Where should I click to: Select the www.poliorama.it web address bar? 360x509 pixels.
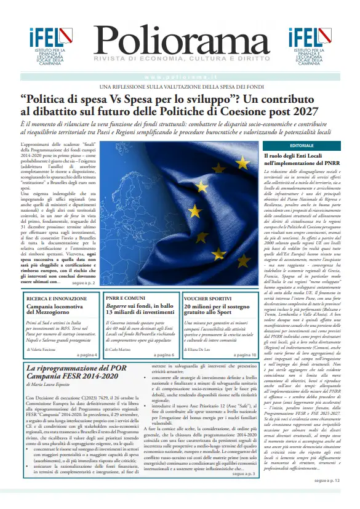[x=180, y=76]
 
